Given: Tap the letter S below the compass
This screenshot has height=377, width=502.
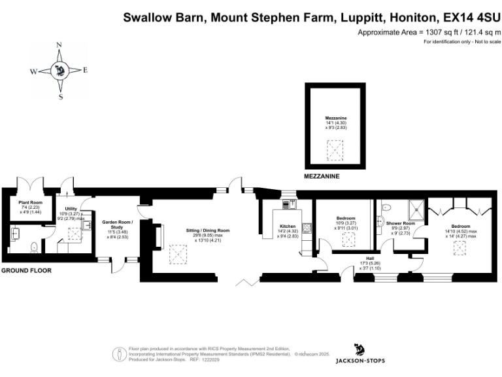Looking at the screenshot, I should [x=61, y=97].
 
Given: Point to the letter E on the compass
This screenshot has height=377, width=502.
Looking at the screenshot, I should [x=85, y=70].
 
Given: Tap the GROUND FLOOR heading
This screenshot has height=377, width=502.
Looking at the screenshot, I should [x=26, y=270].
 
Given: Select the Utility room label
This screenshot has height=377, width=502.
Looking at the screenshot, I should [x=71, y=208].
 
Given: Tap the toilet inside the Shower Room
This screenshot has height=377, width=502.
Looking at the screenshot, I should [x=385, y=208].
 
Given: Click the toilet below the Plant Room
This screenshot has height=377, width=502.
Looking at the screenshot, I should [x=35, y=248].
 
